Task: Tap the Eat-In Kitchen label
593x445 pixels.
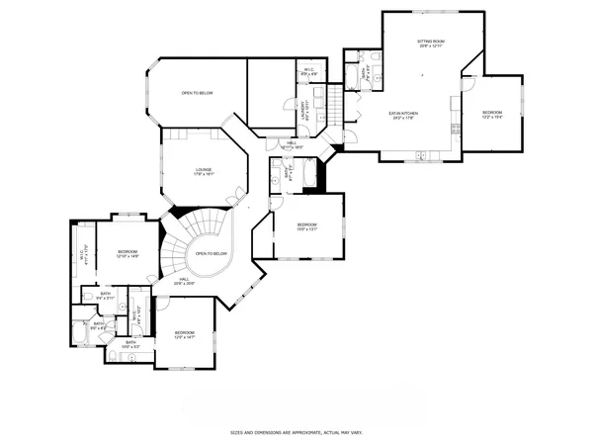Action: click(x=403, y=116)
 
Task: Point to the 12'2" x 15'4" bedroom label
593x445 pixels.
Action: click(x=491, y=115)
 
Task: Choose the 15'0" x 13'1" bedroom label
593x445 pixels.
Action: click(x=307, y=227)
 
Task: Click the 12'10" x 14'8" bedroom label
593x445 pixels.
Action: click(x=127, y=254)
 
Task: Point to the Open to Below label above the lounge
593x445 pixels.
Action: click(x=197, y=93)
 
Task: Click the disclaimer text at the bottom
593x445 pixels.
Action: click(x=296, y=432)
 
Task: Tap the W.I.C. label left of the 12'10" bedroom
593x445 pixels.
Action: click(x=83, y=256)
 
